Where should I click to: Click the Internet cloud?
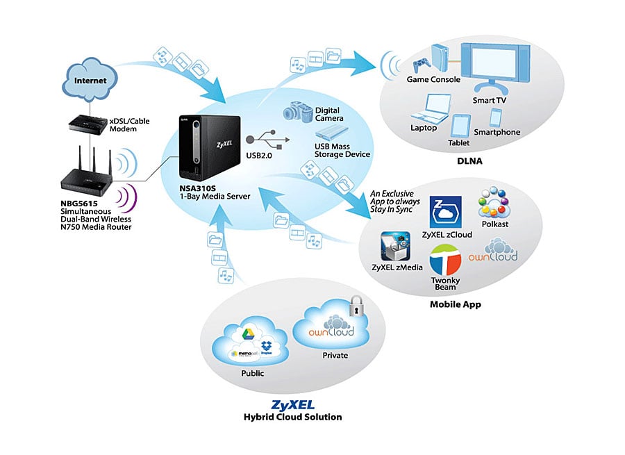(x=90, y=80)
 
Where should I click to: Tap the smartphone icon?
(x=497, y=117)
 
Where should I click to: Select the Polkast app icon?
(x=496, y=203)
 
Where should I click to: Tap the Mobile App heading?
(x=456, y=304)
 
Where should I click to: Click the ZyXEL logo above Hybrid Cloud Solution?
(x=292, y=404)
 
